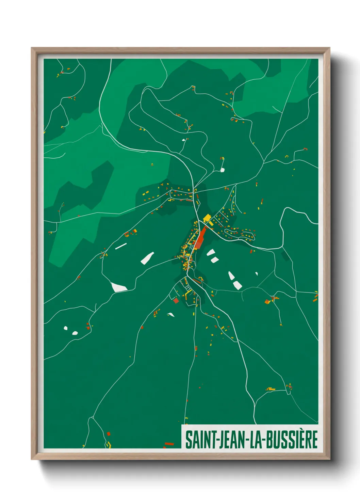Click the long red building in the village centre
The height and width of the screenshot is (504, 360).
click(x=200, y=239)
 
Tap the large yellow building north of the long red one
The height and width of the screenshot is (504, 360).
click(x=207, y=218)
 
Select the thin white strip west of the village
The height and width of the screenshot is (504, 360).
click(x=121, y=246)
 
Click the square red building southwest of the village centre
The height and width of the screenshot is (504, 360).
click(x=176, y=300)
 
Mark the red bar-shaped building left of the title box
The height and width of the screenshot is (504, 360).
click(x=169, y=444)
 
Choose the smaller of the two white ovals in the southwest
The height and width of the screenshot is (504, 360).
click(x=66, y=328)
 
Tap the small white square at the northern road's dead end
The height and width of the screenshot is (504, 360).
click(x=222, y=170)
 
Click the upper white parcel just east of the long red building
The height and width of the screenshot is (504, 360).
click(x=211, y=252)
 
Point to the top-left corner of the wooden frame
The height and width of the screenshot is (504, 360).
click(x=32, y=48)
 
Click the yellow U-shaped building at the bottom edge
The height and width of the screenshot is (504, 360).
click(x=109, y=444)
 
